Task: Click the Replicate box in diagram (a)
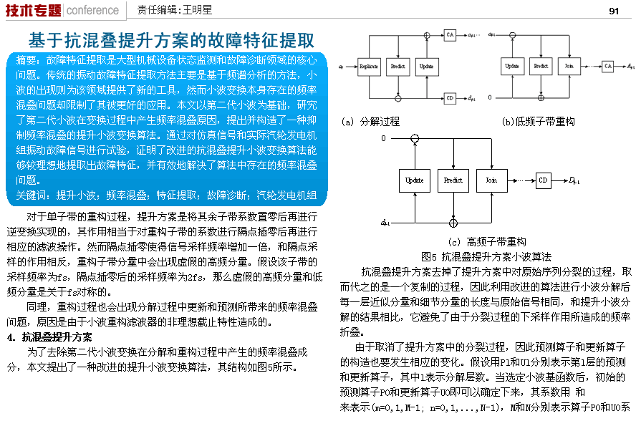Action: tap(369, 66)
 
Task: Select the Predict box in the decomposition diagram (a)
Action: tap(397, 66)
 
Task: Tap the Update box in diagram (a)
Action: tap(426, 66)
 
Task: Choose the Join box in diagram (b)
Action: tap(569, 66)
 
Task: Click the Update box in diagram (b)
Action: tap(512, 66)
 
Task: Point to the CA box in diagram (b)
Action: tap(607, 66)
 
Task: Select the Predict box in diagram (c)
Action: tap(453, 180)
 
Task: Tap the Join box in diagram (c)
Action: tap(491, 180)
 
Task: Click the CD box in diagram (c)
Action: tap(544, 180)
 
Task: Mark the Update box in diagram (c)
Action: tap(414, 180)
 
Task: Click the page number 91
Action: tap(614, 11)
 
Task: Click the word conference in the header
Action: tap(92, 10)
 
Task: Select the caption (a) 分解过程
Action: tap(370, 122)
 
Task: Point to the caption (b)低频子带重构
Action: tap(539, 122)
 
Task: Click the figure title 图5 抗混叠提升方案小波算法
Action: tap(486, 256)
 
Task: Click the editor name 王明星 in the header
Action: tap(199, 11)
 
